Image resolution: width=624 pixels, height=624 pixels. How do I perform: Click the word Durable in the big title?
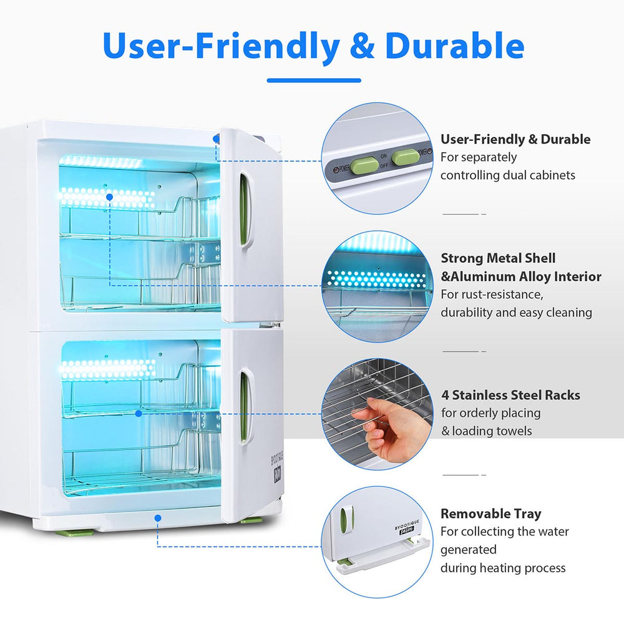454,46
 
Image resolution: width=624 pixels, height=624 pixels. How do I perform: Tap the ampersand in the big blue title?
362,46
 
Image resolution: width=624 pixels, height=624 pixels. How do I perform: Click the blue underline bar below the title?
314,80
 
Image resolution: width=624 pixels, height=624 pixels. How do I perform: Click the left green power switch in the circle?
364,164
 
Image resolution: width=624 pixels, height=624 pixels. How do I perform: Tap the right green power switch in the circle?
405,158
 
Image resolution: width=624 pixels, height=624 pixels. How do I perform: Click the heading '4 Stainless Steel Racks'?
510,395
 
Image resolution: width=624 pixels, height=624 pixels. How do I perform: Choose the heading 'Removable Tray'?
490,514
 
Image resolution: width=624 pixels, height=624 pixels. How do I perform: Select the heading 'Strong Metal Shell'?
498,258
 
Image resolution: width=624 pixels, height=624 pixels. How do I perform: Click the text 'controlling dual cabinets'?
508,175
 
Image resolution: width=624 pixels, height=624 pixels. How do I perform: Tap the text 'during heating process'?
503,568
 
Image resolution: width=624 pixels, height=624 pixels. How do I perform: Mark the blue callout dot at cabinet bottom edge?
158,518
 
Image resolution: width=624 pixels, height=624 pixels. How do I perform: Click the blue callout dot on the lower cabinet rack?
139,414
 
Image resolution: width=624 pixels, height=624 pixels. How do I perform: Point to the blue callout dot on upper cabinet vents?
109,197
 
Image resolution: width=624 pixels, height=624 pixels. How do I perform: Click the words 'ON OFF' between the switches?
384,161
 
